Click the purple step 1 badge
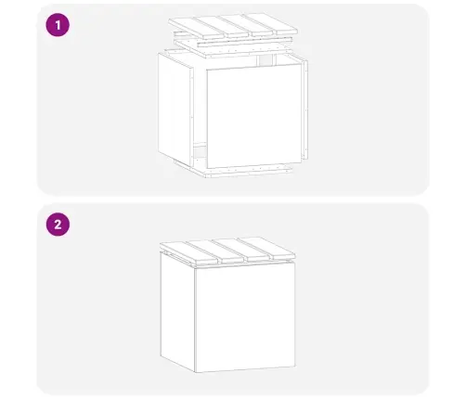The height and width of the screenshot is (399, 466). tap(58, 25)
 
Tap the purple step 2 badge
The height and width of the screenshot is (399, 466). tap(58, 225)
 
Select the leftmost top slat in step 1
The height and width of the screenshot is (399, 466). tap(196, 29)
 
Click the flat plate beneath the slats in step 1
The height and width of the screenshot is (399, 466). tap(233, 48)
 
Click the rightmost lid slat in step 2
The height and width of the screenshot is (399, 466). tap(267, 248)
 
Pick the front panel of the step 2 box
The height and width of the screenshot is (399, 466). tap(245, 317)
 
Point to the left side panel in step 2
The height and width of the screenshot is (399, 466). tap(177, 312)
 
